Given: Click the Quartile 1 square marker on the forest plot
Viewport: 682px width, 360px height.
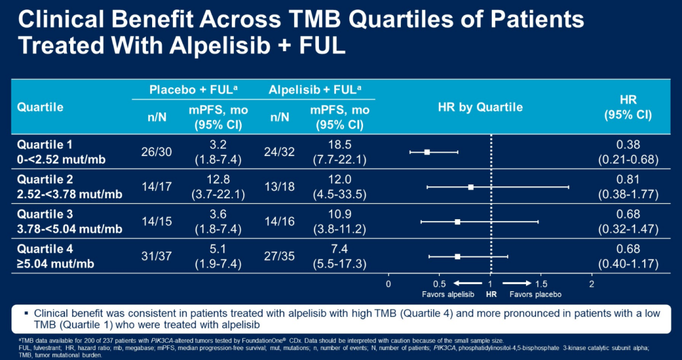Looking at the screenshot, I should [x=427, y=152].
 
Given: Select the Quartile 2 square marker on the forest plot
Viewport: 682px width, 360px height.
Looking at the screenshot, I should [x=470, y=187].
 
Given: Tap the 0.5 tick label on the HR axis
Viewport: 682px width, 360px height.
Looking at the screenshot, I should [x=440, y=283].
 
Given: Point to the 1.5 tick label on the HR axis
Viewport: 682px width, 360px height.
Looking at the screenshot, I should [x=541, y=283].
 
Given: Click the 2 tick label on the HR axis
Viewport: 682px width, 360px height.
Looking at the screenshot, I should [x=592, y=283].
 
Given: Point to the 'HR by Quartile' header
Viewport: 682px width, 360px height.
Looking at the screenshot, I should [x=480, y=107].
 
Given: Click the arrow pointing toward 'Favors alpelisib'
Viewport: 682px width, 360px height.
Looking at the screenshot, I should [x=463, y=283].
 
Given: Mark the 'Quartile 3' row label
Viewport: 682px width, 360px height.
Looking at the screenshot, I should [x=44, y=215].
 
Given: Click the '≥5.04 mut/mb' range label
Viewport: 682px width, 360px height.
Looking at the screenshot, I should [x=56, y=263].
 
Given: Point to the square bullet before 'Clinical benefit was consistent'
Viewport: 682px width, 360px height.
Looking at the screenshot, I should [x=26, y=313].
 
